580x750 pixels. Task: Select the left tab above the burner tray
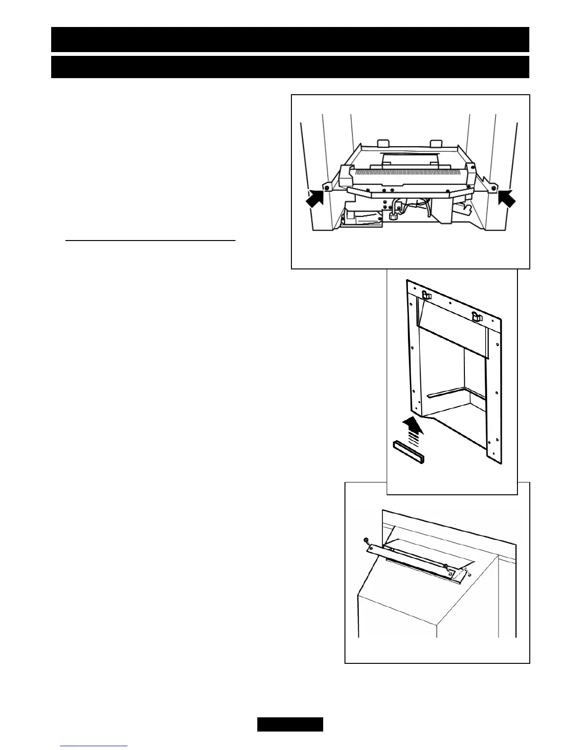tap(382, 143)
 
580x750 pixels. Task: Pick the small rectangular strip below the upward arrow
tap(408, 451)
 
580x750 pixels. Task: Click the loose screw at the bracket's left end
tap(366, 540)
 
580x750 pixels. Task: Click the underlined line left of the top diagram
tap(150, 241)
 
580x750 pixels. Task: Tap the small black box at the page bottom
tap(290, 724)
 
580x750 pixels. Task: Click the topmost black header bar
tap(290, 39)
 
